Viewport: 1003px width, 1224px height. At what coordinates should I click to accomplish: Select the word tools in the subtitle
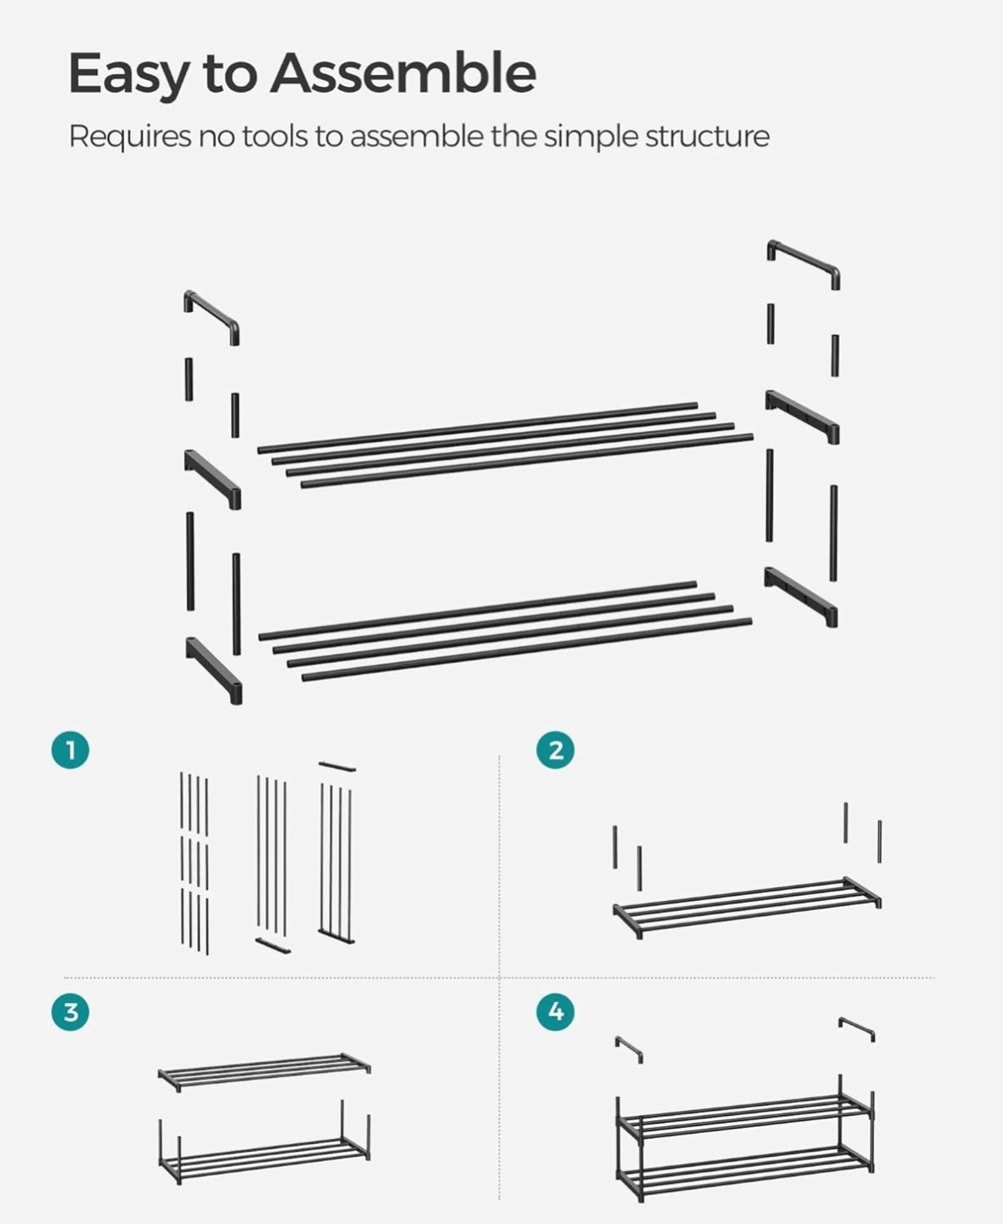[x=275, y=137]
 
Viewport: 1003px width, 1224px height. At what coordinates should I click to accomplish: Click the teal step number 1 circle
[x=71, y=751]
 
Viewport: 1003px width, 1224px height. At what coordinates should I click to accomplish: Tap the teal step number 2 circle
[x=556, y=751]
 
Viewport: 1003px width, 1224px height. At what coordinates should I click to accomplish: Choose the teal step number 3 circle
[x=71, y=1012]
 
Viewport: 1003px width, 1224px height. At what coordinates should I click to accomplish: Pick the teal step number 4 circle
[x=556, y=1012]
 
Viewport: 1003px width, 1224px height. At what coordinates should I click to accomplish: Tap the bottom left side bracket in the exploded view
[x=214, y=671]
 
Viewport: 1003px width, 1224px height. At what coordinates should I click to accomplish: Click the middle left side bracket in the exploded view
[x=213, y=479]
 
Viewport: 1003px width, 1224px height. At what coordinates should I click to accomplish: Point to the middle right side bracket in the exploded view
[x=802, y=416]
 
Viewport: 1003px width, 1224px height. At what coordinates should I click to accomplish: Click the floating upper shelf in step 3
[x=264, y=1071]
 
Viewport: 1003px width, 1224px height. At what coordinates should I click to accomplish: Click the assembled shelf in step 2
[x=747, y=907]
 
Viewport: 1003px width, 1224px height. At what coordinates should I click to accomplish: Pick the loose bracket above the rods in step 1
[x=337, y=767]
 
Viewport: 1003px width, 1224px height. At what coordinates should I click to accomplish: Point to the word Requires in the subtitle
[x=130, y=138]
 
